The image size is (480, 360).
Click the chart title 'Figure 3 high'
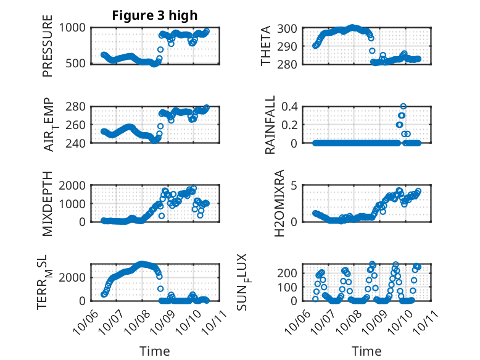pos(154,15)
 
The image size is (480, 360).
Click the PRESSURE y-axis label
pos(48,45)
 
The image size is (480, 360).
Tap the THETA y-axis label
pos(266,45)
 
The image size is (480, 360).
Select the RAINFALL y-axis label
pos(270,125)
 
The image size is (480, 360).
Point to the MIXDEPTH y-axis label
pos(48,203)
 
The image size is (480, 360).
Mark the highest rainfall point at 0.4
pos(403,107)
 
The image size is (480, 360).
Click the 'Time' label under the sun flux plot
pos(366,351)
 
